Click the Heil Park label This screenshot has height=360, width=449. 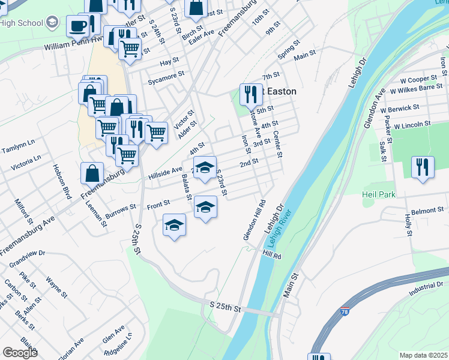379,195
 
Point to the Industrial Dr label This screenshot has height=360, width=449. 427,290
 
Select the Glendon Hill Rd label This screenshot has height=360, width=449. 255,220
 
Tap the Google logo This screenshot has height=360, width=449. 20,353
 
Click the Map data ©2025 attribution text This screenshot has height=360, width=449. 423,355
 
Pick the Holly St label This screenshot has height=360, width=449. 408,224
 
